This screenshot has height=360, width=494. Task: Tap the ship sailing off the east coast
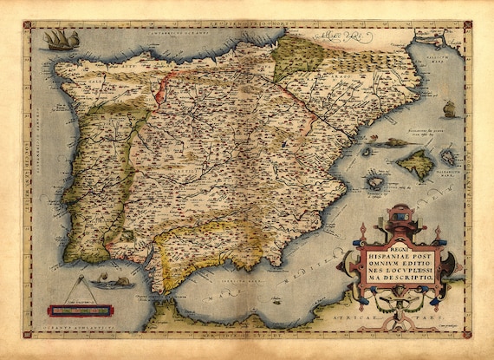click(x=449, y=109)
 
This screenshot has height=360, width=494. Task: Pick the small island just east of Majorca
click(x=448, y=156)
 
